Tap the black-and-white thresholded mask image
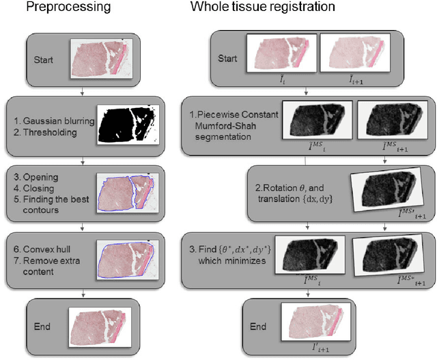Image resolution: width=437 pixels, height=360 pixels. pos(130,126)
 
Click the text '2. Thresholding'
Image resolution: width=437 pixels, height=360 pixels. pos(46,130)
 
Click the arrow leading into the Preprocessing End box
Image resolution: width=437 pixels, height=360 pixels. pos(83,293)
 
